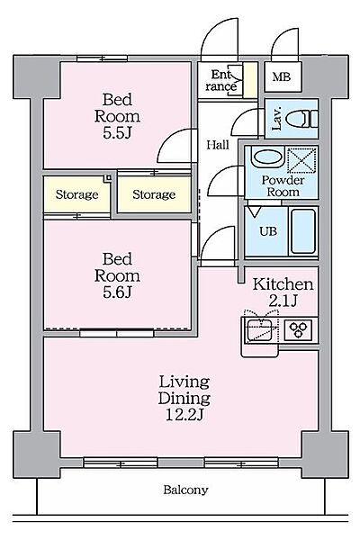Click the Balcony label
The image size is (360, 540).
(185, 490)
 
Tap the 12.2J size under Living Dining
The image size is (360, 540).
(184, 415)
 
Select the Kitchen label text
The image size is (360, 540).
(283, 284)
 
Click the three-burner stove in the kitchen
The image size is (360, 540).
(298, 330)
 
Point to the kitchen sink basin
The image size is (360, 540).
(261, 330)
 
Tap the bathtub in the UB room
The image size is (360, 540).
(302, 230)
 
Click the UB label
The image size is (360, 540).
(268, 231)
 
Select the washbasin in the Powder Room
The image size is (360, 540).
(267, 157)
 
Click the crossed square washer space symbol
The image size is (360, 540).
(301, 159)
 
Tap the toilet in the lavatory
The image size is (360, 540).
(302, 119)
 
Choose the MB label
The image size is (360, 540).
(281, 76)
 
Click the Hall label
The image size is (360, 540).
(218, 145)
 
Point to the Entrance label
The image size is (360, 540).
(221, 80)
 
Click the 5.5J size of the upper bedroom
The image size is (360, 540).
(117, 133)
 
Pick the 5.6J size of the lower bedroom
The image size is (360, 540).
(117, 292)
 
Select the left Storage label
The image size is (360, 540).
(76, 194)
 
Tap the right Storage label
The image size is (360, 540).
(154, 194)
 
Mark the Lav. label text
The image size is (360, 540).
(276, 119)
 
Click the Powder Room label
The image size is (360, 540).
(283, 186)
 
